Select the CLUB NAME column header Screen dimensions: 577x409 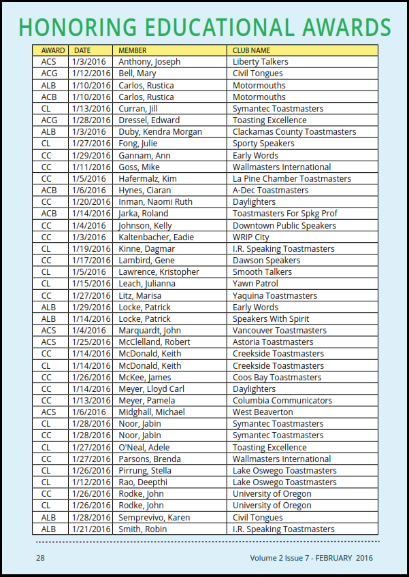point(251,50)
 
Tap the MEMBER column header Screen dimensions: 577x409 point(132,50)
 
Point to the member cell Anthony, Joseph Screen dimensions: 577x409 point(149,62)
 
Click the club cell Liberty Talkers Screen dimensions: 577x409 point(260,62)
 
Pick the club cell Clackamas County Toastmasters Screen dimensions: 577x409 point(294,132)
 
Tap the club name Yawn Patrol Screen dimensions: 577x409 point(256,284)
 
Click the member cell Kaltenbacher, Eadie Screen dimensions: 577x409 point(156,237)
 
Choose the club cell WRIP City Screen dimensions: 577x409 point(251,237)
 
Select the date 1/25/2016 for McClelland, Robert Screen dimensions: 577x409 point(91,342)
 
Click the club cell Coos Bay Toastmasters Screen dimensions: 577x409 point(276,377)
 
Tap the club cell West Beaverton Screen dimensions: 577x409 point(263,412)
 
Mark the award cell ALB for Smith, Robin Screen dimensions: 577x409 point(49,529)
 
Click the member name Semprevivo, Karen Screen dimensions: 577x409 point(154,517)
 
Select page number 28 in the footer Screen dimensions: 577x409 point(40,558)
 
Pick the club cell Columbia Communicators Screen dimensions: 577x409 point(282,401)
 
